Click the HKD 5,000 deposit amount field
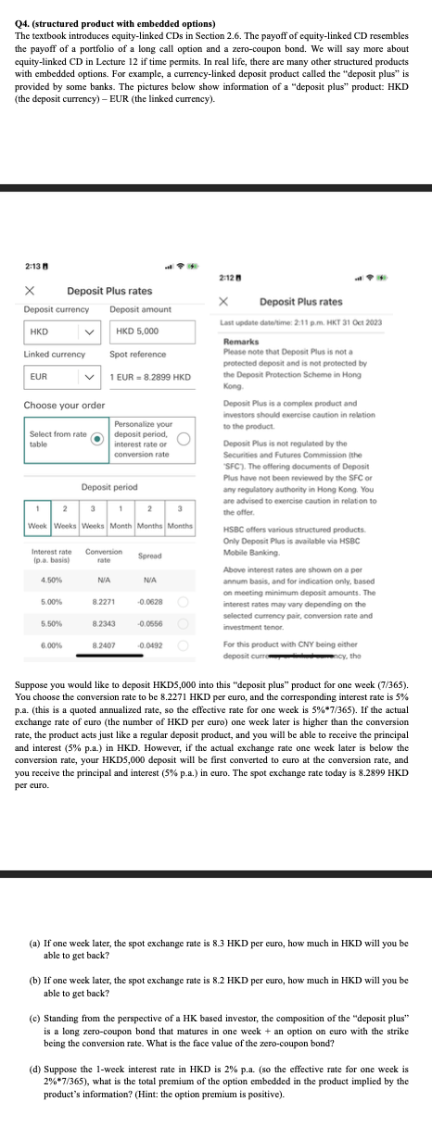[x=153, y=332]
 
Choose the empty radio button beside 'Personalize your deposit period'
[x=184, y=440]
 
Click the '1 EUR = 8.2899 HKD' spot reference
[x=150, y=377]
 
